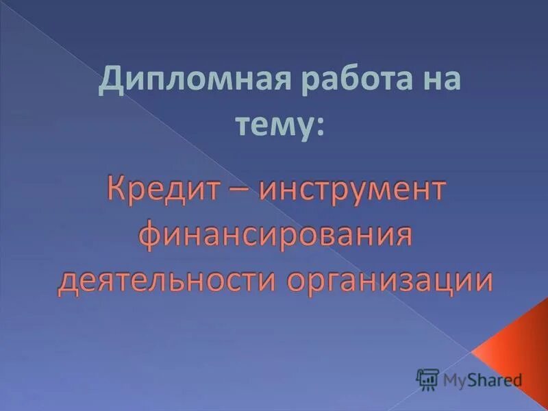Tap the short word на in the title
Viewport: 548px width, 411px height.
coord(437,83)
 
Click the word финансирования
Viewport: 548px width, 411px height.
coord(275,236)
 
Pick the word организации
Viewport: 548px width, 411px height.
coord(389,280)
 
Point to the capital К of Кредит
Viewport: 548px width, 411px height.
coord(114,190)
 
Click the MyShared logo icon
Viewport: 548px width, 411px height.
coord(427,379)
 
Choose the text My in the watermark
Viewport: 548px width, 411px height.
coord(455,379)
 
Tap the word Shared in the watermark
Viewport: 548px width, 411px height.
coord(495,379)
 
